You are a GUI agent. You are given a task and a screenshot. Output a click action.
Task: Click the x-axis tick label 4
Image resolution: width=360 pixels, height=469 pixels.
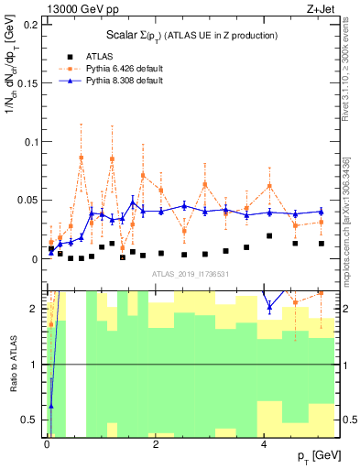(265, 443)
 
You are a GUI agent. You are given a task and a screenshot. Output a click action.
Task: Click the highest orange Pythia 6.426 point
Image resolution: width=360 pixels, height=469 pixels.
(82, 158)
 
